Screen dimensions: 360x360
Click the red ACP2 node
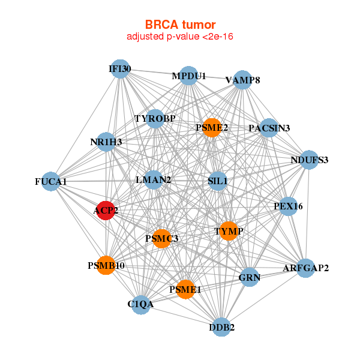106,211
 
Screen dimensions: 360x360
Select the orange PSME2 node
211,127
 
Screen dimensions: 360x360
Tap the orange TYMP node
229,231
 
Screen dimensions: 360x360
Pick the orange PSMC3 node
162,239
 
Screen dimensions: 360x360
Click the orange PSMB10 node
106,265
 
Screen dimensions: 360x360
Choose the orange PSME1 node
185,290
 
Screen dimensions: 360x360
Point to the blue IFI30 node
120,69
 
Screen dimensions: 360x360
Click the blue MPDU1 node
189,76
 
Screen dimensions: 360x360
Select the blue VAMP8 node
242,80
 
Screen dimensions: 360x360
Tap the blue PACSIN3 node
269,128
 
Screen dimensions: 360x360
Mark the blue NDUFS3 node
309,160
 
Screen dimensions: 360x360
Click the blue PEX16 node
289,206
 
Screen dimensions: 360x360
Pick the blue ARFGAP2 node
306,268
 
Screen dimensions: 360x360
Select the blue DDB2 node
222,327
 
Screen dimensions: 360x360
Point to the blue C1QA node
141,304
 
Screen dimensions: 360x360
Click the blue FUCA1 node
51,181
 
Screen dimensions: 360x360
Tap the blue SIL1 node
217,181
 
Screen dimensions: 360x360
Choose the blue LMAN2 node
154,179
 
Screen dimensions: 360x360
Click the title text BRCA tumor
180,25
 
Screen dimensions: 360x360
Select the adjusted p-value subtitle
180,37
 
